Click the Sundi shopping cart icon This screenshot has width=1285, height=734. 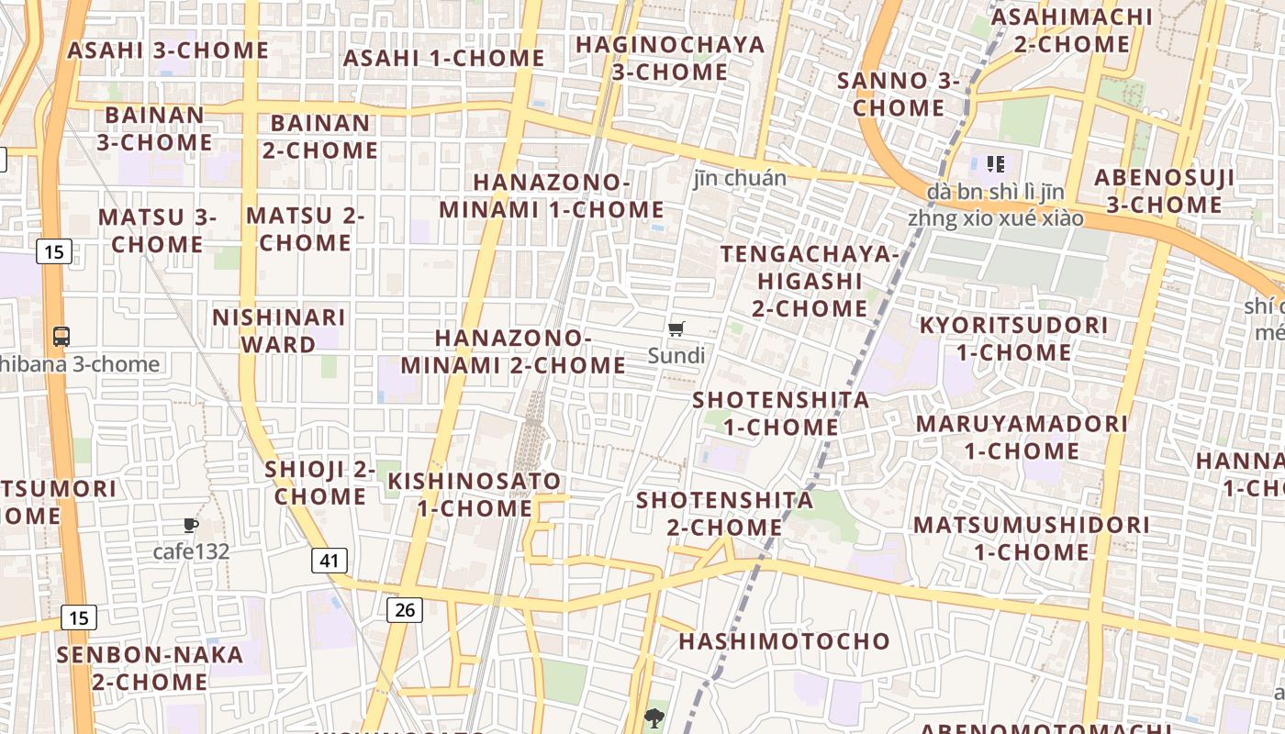[x=676, y=329]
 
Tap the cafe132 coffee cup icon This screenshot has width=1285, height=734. [x=191, y=526]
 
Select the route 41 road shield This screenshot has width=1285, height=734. [x=329, y=560]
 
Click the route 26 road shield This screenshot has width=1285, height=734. [x=405, y=609]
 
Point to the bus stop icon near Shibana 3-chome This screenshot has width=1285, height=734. [x=61, y=337]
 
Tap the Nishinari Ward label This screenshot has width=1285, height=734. [x=278, y=330]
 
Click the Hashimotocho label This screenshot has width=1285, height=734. [x=785, y=640]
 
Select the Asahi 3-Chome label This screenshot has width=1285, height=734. [x=168, y=50]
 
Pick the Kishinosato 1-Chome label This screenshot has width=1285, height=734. [x=474, y=495]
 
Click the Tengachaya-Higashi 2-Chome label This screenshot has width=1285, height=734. [x=809, y=281]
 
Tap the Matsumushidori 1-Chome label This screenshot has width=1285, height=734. [x=1031, y=539]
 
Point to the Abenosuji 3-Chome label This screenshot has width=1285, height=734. [x=1164, y=191]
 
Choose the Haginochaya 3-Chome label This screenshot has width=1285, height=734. [x=670, y=58]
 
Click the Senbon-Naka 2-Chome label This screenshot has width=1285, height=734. [x=150, y=668]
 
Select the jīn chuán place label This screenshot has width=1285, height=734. [x=740, y=178]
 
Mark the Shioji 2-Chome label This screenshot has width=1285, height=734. [x=320, y=483]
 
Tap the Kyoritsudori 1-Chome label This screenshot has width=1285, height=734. [x=1013, y=339]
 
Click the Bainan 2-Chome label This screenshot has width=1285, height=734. [x=320, y=136]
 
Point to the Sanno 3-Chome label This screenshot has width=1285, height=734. [x=899, y=95]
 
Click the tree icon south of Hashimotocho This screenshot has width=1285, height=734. [x=654, y=717]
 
